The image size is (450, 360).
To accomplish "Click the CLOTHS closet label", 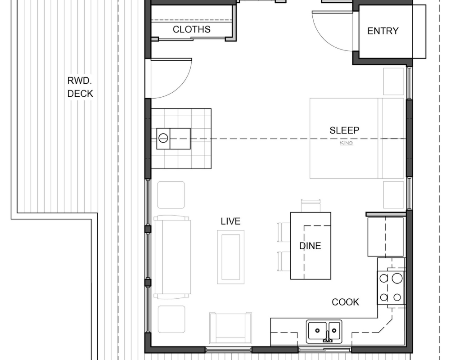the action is pos(191,29).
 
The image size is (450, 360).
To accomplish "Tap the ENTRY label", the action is pos(383,31).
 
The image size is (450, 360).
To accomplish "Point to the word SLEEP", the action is pos(344,130).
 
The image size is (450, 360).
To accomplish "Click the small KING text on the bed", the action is pos(346,143).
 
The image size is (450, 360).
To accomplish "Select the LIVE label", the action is pos(231,221).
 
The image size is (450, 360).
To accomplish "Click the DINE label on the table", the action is pos(310,246).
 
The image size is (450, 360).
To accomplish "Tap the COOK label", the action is pos(345,302).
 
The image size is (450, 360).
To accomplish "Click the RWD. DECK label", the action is pos(80,87).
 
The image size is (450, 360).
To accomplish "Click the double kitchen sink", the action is pos(324,331).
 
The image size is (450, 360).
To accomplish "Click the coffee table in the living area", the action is pos(231,257).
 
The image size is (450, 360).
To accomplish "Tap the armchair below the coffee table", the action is pos(230,328).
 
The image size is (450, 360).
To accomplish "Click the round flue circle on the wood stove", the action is pos(163,138).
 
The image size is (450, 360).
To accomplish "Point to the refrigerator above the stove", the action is pos(386,237).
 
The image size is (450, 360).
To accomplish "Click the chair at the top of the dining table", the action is pos(310,206).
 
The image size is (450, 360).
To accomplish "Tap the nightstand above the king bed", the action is pos(394,81).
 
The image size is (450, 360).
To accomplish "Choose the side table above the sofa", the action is pos(171,195).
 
